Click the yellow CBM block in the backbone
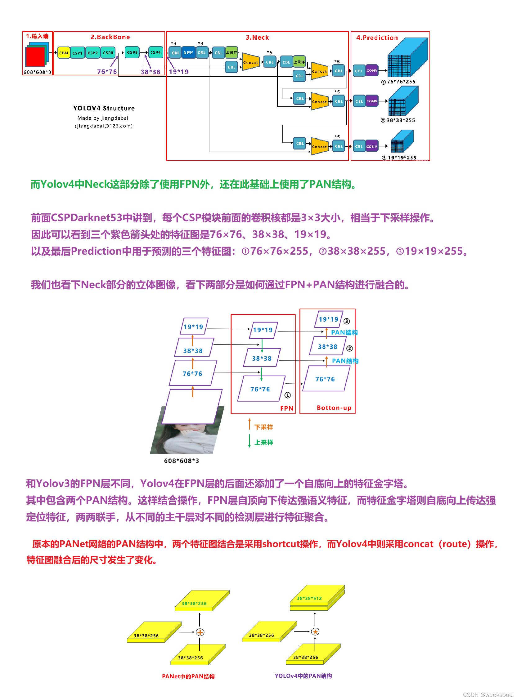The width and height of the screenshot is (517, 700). [x=64, y=53]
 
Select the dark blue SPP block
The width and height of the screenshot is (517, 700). [x=188, y=52]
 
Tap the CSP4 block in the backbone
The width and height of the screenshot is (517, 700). [x=155, y=52]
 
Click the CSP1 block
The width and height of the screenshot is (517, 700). [x=77, y=53]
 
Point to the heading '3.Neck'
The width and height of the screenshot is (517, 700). [x=257, y=38]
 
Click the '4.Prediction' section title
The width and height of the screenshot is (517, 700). [x=377, y=38]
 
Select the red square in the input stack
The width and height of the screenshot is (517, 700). [x=35, y=57]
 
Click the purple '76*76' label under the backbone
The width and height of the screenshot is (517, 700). [x=107, y=72]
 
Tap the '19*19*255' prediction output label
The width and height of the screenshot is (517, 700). [x=402, y=158]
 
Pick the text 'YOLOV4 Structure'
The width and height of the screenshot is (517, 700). [x=104, y=108]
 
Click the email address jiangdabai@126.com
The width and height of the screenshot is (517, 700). [x=104, y=126]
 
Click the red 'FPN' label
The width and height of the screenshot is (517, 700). [x=287, y=408]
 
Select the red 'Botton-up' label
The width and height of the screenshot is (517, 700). [x=334, y=408]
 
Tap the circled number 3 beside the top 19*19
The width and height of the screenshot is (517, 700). [x=346, y=321]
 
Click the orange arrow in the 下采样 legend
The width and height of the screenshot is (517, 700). [x=250, y=424]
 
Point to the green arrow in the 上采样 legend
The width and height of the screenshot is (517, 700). [x=250, y=441]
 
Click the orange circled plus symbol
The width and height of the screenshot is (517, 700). [x=200, y=632]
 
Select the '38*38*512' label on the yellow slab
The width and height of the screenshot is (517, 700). [x=309, y=598]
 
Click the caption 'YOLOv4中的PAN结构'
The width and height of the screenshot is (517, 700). [x=303, y=676]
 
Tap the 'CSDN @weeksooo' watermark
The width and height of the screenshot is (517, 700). [x=487, y=695]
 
